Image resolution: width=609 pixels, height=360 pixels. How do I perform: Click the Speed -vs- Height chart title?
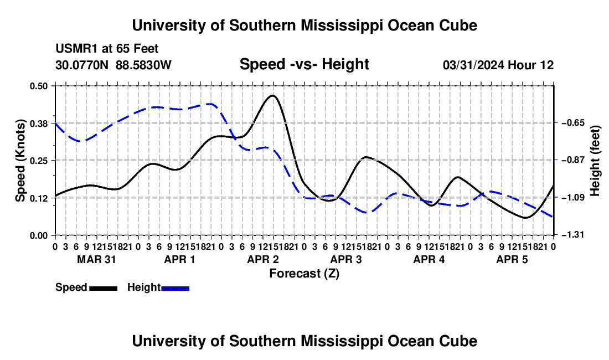coord(304,64)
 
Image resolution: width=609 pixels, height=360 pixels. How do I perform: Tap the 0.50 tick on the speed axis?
coord(38,86)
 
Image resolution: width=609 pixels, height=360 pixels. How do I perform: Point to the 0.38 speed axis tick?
coord(38,124)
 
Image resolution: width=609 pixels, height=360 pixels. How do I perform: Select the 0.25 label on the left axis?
coord(38,161)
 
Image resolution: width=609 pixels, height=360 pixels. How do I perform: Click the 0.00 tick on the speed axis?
coord(38,236)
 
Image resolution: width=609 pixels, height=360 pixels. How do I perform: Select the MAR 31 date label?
coord(96,259)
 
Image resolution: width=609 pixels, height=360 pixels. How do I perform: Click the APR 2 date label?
coord(263,259)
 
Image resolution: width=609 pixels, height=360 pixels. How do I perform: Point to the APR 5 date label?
coord(512,259)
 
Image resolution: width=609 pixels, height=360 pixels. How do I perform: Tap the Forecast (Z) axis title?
coord(304,274)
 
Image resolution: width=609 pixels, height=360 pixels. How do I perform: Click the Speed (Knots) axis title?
coord(20,161)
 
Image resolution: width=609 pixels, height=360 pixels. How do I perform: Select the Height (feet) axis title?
coord(595,161)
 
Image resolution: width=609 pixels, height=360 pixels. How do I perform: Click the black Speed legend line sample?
coord(104,289)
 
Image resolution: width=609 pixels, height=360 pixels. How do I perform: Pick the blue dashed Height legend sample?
coord(175,289)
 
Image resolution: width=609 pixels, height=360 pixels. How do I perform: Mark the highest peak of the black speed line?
coord(272,95)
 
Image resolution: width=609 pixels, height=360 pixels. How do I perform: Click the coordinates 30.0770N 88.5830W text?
coord(113,65)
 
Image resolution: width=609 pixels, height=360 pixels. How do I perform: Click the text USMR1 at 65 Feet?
coord(107,49)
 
